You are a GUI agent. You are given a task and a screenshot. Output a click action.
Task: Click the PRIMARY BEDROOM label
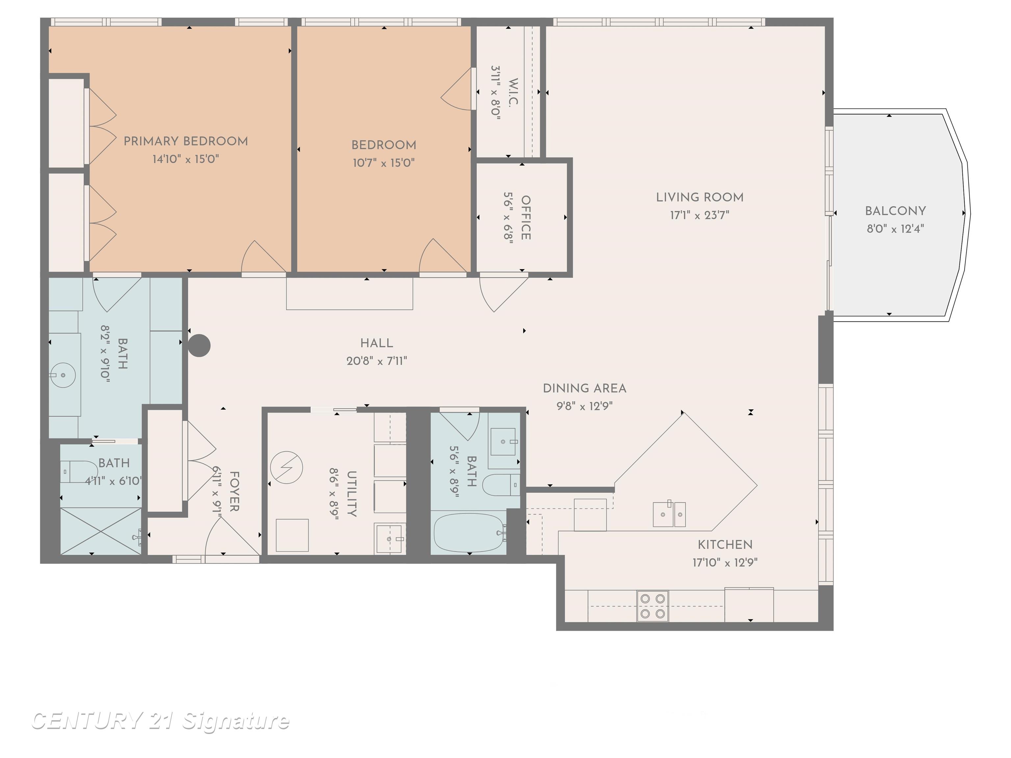click(186, 141)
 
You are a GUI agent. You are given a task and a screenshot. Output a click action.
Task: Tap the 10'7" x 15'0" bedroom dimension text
click(383, 163)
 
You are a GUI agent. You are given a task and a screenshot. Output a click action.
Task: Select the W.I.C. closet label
click(513, 93)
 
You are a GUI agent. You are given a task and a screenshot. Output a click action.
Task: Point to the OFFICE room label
click(526, 217)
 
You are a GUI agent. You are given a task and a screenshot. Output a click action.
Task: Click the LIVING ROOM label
click(699, 197)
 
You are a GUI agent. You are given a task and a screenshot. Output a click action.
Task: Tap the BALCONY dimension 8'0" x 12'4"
click(895, 228)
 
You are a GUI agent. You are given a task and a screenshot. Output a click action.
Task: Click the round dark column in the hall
click(199, 345)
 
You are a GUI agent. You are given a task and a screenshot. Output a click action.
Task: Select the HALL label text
click(376, 343)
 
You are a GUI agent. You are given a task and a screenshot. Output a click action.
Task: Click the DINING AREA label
click(584, 388)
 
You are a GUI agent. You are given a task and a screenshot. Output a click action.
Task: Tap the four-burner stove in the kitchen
click(652, 606)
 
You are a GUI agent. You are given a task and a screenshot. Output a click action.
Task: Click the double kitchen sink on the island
click(669, 514)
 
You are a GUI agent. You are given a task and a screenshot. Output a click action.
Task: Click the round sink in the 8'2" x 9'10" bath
click(63, 375)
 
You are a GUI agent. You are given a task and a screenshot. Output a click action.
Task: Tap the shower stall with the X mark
click(101, 531)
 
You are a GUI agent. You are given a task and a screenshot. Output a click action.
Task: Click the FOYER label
click(234, 491)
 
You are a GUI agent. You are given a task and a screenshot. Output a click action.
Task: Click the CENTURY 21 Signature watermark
click(160, 721)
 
